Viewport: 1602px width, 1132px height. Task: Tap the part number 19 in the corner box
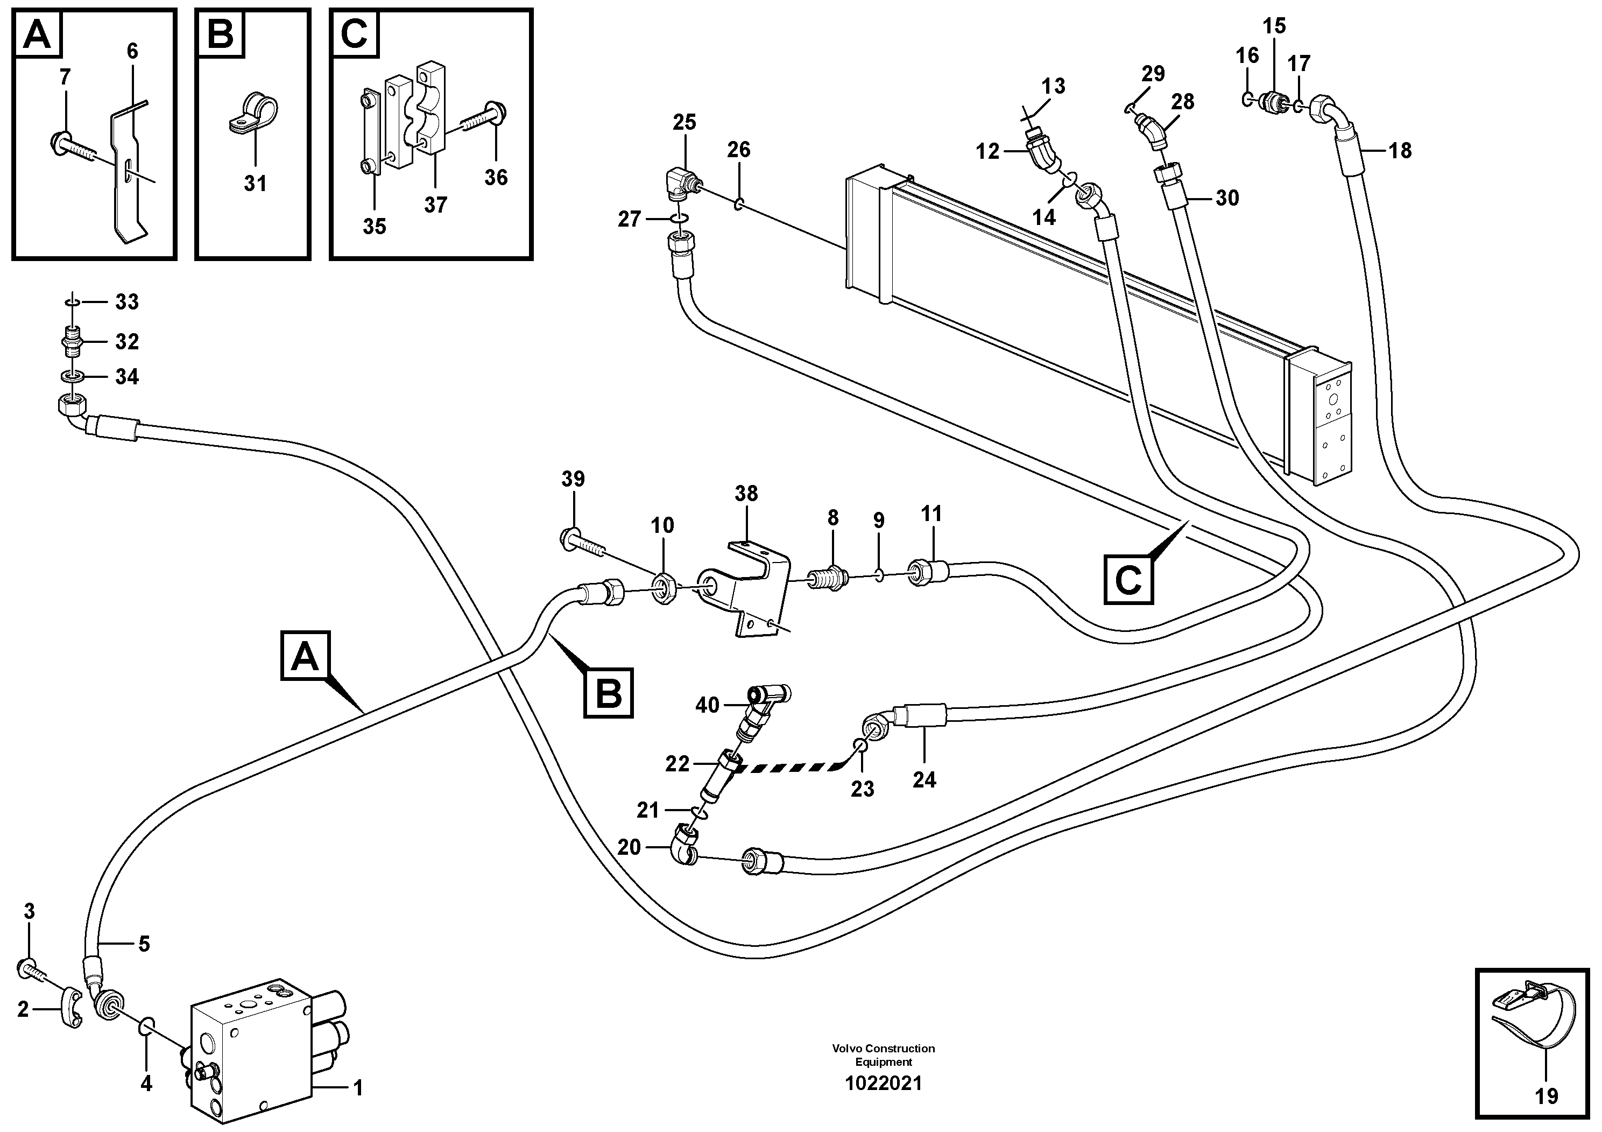tap(1546, 1096)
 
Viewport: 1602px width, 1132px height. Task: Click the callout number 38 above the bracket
tap(746, 494)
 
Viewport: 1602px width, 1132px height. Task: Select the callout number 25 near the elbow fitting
tap(684, 122)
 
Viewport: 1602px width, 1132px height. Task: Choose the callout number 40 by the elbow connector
tap(707, 705)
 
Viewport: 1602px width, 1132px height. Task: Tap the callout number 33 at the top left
tap(127, 301)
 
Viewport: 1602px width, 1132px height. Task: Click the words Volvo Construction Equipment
tap(883, 1054)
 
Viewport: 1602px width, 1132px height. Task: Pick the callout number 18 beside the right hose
tap(1400, 150)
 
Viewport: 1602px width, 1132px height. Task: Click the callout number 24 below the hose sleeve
tap(924, 779)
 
